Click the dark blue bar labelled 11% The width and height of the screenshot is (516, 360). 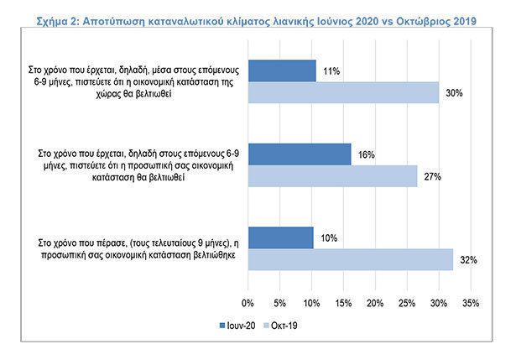[x=282, y=70]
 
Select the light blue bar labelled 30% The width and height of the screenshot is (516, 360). [x=343, y=92]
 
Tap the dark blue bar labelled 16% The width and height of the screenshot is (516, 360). [x=300, y=154]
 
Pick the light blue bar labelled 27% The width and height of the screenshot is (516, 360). [x=333, y=175]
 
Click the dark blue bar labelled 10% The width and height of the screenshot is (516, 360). [x=280, y=237]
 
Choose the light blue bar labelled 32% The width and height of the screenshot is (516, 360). [x=350, y=259]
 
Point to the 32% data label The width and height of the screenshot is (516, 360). [x=468, y=261]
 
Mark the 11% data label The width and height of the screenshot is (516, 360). [x=331, y=71]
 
